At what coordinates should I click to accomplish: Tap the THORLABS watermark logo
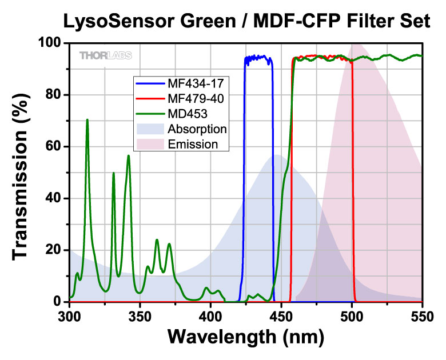click(105, 55)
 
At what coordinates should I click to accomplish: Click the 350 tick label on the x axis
click(140, 315)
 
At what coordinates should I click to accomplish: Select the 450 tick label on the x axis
click(281, 315)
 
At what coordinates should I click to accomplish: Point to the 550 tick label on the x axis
click(422, 315)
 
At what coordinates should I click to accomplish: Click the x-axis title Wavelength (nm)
click(245, 338)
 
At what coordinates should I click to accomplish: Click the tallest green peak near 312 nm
click(87, 120)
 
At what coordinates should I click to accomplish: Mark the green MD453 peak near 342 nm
click(129, 156)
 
